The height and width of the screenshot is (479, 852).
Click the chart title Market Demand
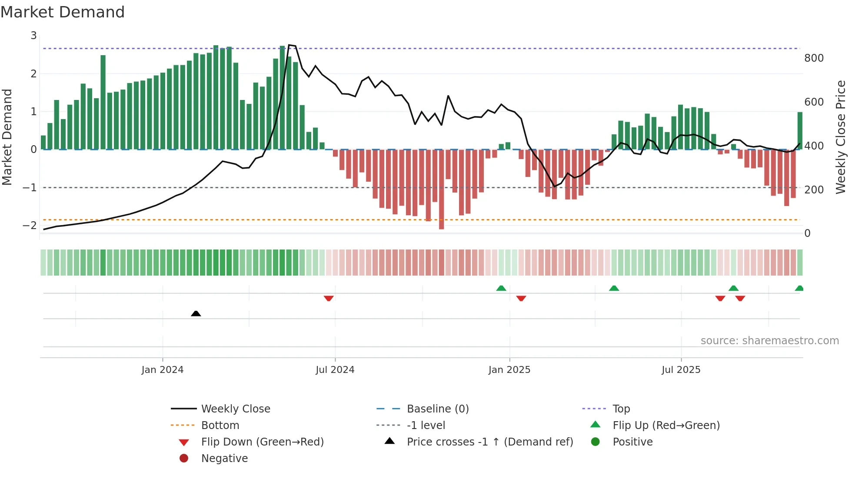coord(63,12)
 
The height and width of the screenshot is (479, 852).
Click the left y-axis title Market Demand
coord(7,137)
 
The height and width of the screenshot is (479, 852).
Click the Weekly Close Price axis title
coord(841,137)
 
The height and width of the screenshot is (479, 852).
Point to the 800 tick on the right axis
coord(814,58)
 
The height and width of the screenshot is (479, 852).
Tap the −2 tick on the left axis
coord(30,225)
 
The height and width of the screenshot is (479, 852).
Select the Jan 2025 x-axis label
coord(509,370)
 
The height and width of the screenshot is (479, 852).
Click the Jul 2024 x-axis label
coord(335,370)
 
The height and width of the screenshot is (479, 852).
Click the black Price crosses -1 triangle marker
coord(196,313)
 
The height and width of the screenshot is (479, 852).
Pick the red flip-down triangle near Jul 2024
coord(329,298)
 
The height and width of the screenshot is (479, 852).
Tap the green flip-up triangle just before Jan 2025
coord(501,288)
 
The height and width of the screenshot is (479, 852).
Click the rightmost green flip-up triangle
coord(799,288)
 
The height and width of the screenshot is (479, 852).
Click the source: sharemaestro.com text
coord(769,341)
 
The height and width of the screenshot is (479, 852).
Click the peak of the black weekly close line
coord(290,45)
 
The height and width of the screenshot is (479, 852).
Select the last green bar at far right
coord(800,130)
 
